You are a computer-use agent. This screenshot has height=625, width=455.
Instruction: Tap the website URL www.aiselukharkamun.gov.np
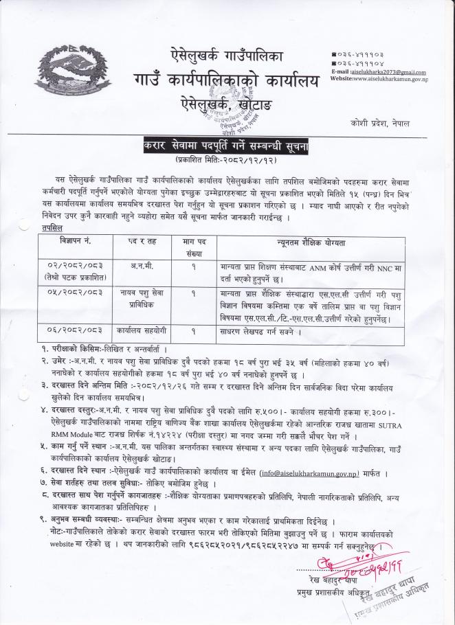point(391,80)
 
